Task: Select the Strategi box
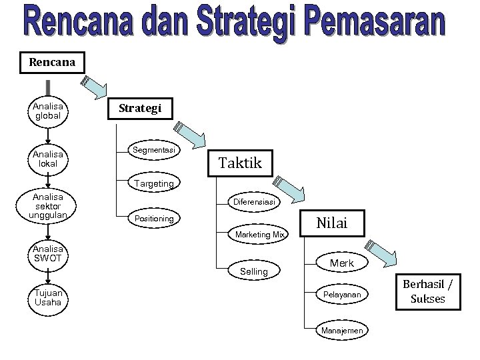[140, 108]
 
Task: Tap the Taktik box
[241, 162]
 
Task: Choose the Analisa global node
[47, 111]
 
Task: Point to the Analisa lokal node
[47, 159]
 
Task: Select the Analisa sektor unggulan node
[47, 205]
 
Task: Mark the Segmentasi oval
[154, 151]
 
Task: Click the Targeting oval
[154, 183]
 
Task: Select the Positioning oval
[154, 218]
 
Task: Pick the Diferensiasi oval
[259, 201]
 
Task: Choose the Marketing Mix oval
[259, 235]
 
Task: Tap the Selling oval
[253, 271]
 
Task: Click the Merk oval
[342, 264]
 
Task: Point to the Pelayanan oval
[342, 294]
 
